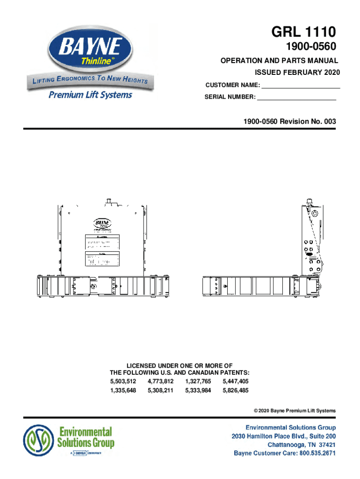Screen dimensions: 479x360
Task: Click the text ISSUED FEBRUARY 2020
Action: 297,73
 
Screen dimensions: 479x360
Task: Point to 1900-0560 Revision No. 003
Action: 289,122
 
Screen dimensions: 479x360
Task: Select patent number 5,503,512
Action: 123,382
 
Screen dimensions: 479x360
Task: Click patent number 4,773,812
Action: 160,382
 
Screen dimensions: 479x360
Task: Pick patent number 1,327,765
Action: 198,382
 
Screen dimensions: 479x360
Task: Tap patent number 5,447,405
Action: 236,382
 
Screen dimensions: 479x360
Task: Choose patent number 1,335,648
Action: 123,390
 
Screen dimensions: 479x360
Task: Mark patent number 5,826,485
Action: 236,390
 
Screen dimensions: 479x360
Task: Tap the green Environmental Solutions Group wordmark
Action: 85,437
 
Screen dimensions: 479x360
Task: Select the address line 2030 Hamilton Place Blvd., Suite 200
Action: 284,436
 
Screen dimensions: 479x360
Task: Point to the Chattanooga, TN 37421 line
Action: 301,444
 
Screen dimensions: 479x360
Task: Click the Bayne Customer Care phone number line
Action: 284,453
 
